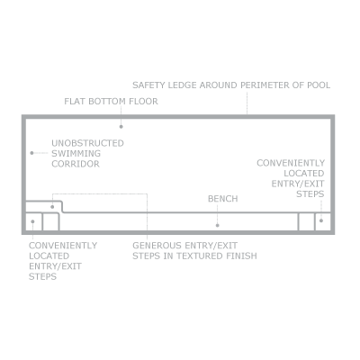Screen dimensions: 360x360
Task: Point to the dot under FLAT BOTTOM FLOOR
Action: click(x=121, y=127)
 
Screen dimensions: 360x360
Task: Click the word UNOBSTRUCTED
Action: click(x=87, y=143)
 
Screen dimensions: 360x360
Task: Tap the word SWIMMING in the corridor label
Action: click(x=76, y=154)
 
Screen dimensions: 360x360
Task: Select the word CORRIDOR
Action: click(x=76, y=164)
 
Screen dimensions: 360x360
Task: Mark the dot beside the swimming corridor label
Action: click(x=31, y=153)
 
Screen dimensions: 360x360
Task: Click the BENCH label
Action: click(x=223, y=199)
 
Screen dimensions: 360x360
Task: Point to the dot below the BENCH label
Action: click(x=218, y=225)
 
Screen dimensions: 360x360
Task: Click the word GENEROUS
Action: click(x=157, y=246)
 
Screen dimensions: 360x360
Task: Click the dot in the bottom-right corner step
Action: click(x=321, y=220)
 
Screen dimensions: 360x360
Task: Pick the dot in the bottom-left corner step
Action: click(x=32, y=221)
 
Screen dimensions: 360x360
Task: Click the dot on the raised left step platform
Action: click(x=52, y=207)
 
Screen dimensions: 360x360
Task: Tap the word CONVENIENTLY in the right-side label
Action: click(x=291, y=163)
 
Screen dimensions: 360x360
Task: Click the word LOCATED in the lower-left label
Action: click(x=49, y=256)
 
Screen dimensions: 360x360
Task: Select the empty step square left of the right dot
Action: click(x=306, y=222)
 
